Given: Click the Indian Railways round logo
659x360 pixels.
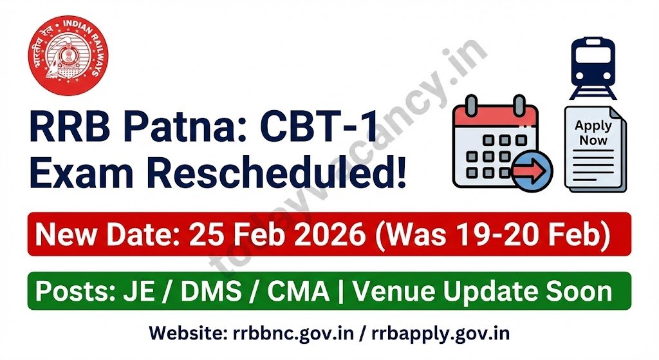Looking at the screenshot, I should tap(68, 55).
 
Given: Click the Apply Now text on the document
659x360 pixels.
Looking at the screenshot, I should tap(593, 132).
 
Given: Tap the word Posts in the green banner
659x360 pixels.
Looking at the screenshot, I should tap(70, 292).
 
